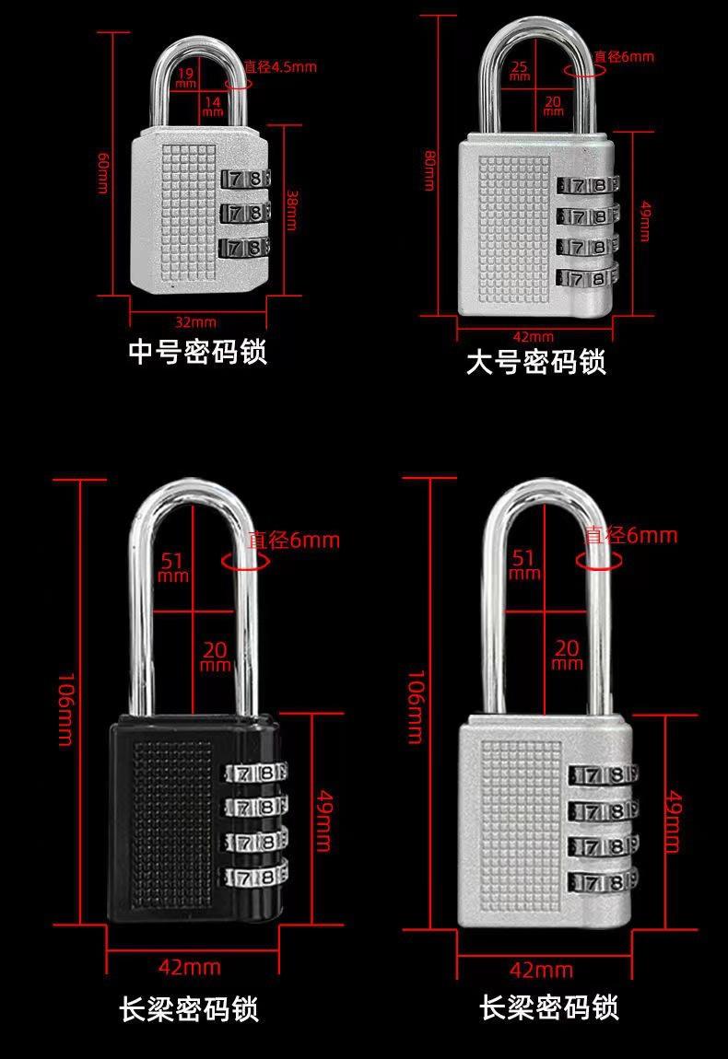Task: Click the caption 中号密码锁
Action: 197,352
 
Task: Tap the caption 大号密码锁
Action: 535,363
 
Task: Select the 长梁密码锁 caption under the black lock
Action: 189,1009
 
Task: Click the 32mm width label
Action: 195,321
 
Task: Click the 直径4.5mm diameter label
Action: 281,66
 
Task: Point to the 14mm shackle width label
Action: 212,105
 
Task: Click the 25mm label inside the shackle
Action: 520,70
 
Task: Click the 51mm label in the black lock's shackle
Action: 173,566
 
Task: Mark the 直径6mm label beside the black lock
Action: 293,541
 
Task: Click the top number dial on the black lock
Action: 253,774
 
